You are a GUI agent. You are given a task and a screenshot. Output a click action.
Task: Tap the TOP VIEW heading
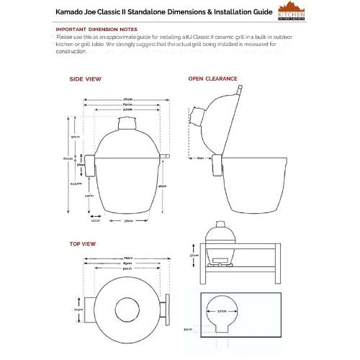tap(84, 244)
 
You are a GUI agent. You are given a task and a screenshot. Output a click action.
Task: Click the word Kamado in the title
tap(71, 12)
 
